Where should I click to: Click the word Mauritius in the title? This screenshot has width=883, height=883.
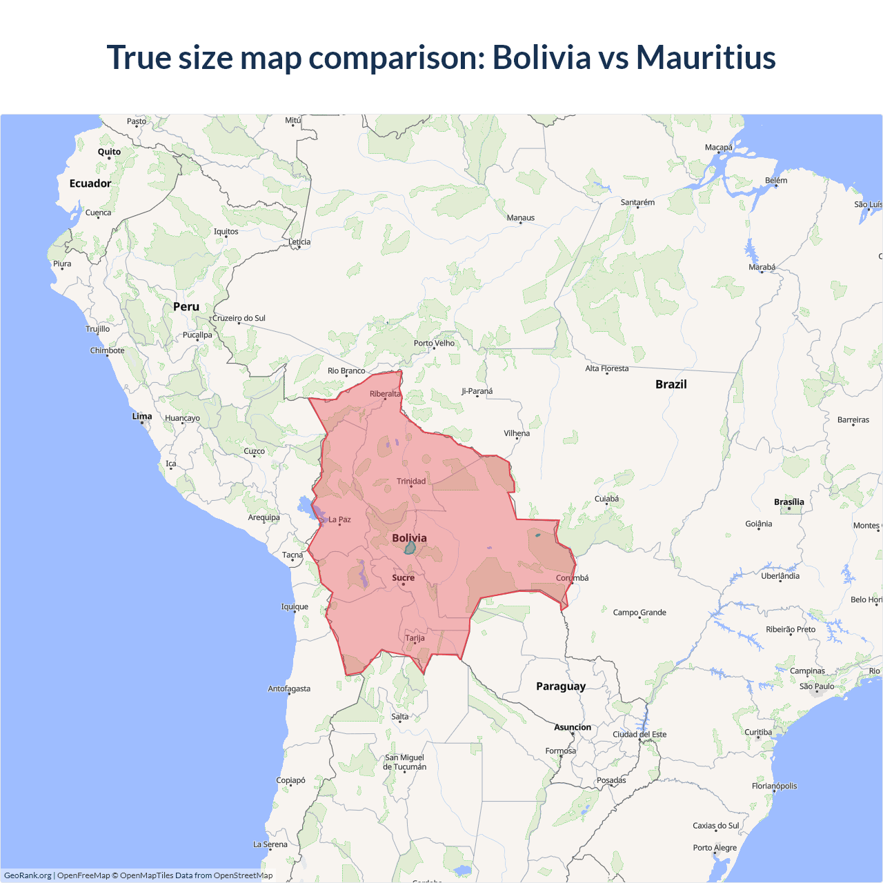(706, 57)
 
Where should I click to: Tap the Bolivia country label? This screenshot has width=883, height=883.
(409, 538)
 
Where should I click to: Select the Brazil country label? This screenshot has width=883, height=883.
(671, 384)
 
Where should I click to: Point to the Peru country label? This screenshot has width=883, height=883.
(186, 307)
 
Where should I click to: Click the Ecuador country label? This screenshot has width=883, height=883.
(90, 183)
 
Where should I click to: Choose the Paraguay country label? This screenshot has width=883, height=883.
(561, 686)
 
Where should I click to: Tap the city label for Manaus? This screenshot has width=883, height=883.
(521, 218)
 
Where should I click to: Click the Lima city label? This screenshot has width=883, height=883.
(142, 416)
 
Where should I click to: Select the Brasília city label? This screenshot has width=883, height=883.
(789, 502)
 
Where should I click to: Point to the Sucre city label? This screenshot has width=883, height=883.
(404, 578)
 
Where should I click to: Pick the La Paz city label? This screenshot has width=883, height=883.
(339, 519)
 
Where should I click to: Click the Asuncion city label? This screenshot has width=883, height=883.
(573, 727)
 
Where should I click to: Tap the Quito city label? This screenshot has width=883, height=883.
(109, 152)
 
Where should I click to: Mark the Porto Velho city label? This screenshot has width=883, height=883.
(435, 343)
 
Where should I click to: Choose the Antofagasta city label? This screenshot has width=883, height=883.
(289, 688)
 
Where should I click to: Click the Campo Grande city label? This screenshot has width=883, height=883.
(639, 613)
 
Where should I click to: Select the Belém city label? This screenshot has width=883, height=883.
(776, 181)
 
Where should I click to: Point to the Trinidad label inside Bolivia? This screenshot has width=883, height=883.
(411, 482)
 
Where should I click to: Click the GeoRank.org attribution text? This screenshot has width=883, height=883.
(28, 875)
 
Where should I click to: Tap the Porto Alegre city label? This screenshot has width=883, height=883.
(715, 848)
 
